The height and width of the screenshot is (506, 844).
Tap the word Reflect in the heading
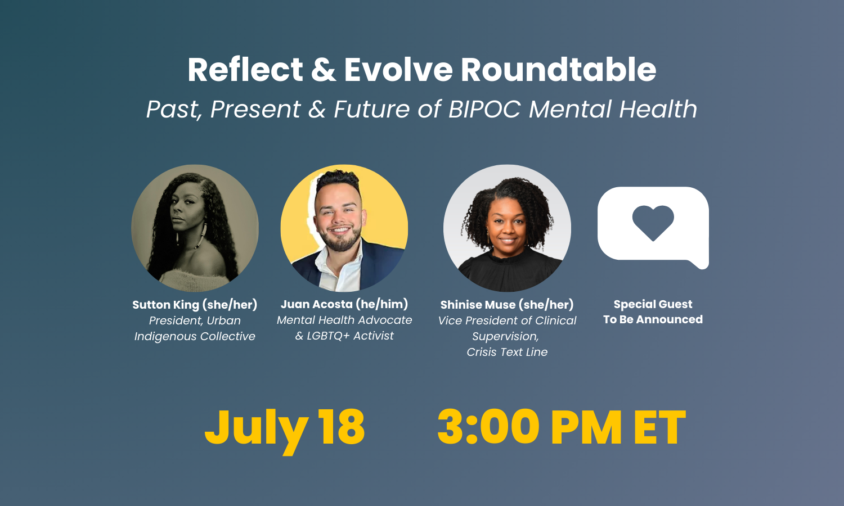[x=245, y=70]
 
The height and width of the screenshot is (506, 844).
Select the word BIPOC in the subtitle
[x=484, y=109]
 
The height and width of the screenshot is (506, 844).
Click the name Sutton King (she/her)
[x=195, y=305]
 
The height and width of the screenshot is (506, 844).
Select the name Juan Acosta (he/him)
[x=344, y=304]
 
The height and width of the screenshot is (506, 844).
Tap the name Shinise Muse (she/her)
[x=507, y=305]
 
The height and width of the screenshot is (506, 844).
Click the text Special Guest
[x=653, y=304]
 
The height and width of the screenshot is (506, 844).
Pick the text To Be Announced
[x=653, y=319]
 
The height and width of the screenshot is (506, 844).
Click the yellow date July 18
[x=285, y=427]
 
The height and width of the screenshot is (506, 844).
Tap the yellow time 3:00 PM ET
[x=562, y=427]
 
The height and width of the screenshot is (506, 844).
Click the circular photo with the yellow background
[x=344, y=228]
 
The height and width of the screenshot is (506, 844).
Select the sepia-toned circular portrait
[x=195, y=228]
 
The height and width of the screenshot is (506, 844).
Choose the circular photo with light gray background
[x=507, y=228]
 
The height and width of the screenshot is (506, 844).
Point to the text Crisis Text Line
[x=507, y=352]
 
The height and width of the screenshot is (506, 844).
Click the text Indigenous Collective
[x=195, y=336]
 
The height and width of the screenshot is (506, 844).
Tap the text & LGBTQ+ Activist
[x=344, y=336]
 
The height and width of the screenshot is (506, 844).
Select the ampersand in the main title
[x=324, y=70]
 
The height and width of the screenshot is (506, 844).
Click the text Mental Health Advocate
[x=344, y=320]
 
